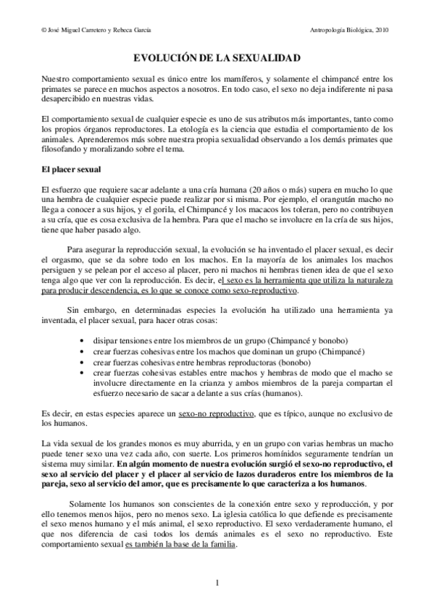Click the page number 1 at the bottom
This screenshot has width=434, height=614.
pyautogui.click(x=217, y=582)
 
